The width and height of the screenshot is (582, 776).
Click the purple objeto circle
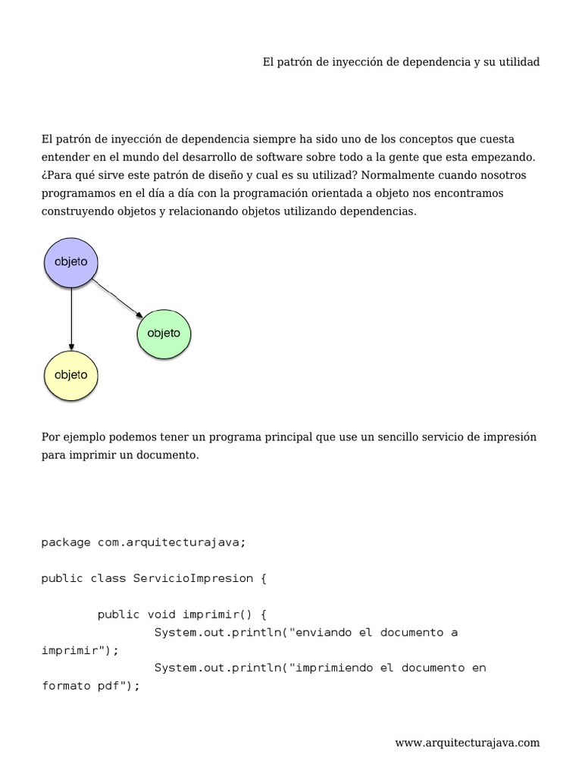pyautogui.click(x=71, y=262)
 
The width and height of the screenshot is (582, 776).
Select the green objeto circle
pyautogui.click(x=164, y=333)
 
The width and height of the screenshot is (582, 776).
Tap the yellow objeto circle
pyautogui.click(x=71, y=375)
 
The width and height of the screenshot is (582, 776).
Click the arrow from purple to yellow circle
pyautogui.click(x=71, y=318)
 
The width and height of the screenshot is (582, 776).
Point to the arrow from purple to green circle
pyautogui.click(x=118, y=299)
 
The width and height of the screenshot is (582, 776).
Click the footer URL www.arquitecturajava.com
pyautogui.click(x=468, y=743)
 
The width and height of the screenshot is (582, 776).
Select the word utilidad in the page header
pyautogui.click(x=519, y=62)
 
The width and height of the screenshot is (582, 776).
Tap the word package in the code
pyautogui.click(x=66, y=542)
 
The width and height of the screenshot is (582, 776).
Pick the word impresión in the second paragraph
pyautogui.click(x=508, y=438)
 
